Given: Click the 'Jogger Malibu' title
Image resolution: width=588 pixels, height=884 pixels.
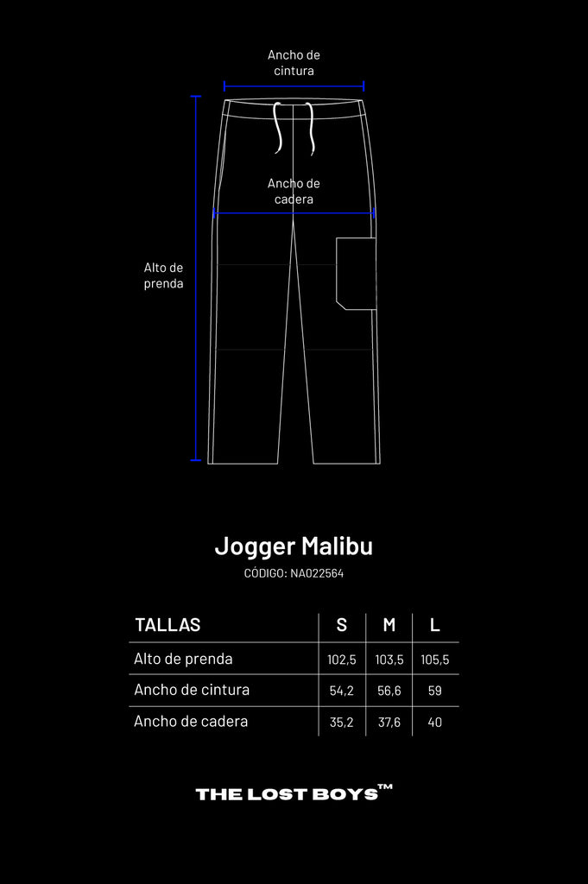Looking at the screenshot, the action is point(294,546).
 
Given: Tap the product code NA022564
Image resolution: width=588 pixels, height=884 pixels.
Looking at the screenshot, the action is point(317,573).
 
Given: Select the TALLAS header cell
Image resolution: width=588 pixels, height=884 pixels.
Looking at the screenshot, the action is point(168,625).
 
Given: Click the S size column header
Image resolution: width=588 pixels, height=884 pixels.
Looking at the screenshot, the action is point(342,625).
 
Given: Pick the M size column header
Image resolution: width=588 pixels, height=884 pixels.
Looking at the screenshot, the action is point(389,625).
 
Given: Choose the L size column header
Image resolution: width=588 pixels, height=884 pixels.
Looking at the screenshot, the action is point(434,625).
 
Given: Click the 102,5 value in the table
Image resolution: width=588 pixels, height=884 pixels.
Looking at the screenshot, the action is point(342,660).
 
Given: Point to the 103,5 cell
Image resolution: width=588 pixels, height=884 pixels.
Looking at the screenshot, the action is point(389,660).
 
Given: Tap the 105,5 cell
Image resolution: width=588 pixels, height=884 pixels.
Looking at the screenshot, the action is point(434,660).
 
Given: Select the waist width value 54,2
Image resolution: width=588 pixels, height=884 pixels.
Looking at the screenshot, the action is point(342,691).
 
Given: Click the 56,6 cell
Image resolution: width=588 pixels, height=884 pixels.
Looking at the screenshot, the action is point(389,691).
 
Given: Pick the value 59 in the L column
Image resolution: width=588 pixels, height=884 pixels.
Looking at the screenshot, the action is point(434,691).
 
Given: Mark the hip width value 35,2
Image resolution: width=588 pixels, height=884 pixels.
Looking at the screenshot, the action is point(342,723).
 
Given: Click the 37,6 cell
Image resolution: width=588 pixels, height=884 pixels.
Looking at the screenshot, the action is point(389,723).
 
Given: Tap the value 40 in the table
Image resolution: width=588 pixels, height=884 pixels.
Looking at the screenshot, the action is point(434,723).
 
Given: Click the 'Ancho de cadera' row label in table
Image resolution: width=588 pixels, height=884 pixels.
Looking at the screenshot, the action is point(191,722).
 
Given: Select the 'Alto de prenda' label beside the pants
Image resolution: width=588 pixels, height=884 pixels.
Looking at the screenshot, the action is point(163,275).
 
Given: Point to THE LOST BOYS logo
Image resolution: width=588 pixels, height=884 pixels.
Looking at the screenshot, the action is point(294,792).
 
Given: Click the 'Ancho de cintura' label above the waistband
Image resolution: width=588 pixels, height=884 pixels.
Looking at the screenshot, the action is point(294,62).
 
